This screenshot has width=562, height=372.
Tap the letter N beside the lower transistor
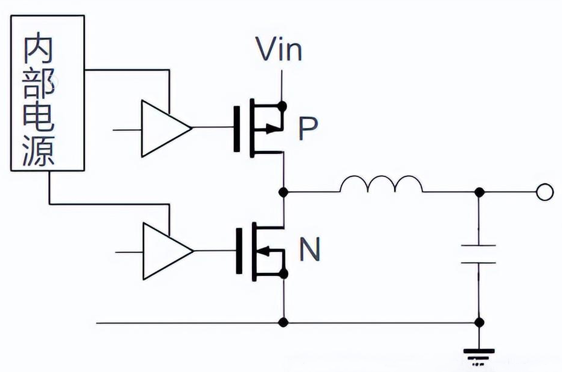click(310, 249)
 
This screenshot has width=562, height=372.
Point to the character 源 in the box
click(40, 150)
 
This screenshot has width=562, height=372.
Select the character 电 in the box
click(40, 118)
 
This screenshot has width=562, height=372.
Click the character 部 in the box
click(40, 85)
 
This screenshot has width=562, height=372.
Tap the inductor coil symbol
click(381, 185)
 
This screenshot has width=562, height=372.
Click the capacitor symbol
click(479, 254)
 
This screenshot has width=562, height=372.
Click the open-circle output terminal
click(544, 192)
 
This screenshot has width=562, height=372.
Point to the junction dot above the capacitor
click(479, 192)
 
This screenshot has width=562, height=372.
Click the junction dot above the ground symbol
click(479, 322)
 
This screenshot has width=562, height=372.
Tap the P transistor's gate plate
click(236, 128)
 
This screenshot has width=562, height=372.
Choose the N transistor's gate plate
click(237, 250)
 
